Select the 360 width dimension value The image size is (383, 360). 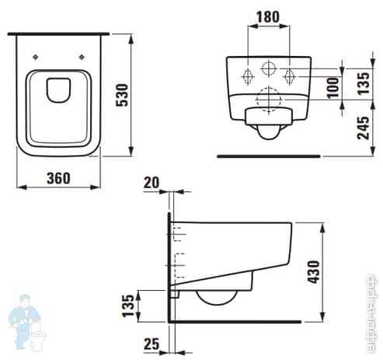pos(57,177)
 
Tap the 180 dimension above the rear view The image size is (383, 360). pos(270,16)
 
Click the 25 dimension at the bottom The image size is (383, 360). pos(152,344)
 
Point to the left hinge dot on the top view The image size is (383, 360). pos(36,56)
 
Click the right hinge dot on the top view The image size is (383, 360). pos(80,56)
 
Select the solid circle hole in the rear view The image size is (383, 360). pos(270,68)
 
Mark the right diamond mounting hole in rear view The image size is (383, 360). pos(291,76)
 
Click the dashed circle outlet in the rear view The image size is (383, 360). pos(270,97)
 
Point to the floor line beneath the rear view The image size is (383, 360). pos(268,156)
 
